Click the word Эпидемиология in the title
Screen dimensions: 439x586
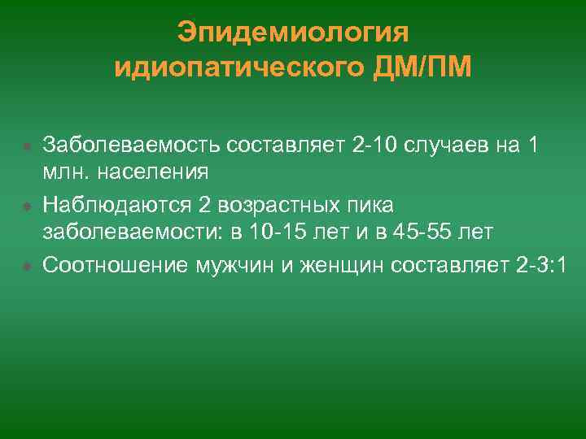point(292,33)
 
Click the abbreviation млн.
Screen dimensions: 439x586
point(65,172)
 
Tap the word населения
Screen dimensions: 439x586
point(152,172)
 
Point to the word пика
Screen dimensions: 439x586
point(374,204)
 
